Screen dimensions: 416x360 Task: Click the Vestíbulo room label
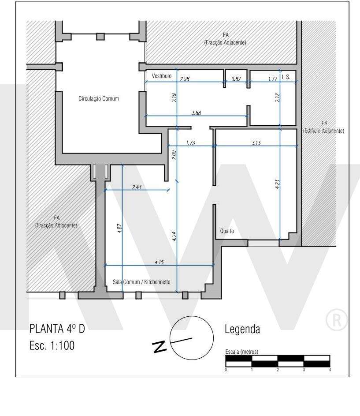[161, 76]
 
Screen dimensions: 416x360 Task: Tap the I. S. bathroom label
[286, 76]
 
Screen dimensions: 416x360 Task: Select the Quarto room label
[226, 231]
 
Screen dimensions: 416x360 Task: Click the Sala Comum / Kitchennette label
[139, 282]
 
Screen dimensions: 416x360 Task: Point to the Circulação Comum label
[98, 99]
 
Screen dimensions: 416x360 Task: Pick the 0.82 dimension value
[236, 79]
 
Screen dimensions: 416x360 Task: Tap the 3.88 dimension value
[196, 113]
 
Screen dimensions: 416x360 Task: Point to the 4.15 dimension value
[159, 262]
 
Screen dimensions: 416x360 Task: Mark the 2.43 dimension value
[137, 187]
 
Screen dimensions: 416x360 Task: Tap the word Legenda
[242, 329]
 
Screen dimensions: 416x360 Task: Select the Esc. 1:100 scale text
[52, 345]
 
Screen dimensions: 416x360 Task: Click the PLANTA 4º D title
[57, 330]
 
